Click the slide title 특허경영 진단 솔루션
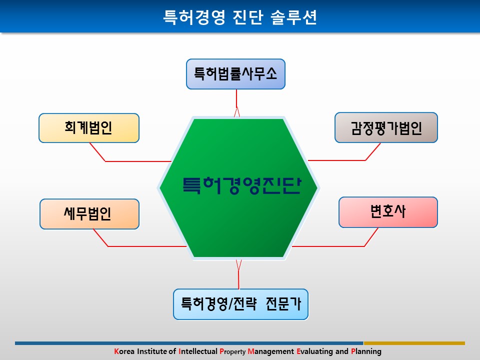(240, 17)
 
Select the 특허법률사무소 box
(235, 74)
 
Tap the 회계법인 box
(89, 128)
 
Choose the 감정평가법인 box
(386, 127)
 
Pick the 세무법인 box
(89, 214)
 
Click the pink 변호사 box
(388, 212)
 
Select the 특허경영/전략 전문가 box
(241, 304)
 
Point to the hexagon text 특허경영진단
(242, 185)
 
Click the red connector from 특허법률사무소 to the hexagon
(236, 103)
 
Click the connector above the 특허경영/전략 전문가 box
(239, 274)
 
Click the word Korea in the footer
(124, 351)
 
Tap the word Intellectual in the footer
(198, 351)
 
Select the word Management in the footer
(271, 351)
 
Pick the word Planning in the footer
(366, 351)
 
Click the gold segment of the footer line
(414, 343)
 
